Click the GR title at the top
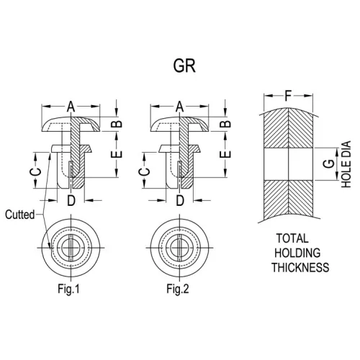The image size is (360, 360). [x=184, y=66]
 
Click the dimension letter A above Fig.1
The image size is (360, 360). [x=71, y=107]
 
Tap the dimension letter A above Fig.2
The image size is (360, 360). [x=179, y=107]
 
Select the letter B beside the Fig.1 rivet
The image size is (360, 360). [x=117, y=124]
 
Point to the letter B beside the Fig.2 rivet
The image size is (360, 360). [x=225, y=124]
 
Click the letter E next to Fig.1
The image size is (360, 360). [x=117, y=154]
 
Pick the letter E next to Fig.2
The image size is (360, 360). [x=225, y=154]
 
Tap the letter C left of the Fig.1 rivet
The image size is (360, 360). [x=35, y=171]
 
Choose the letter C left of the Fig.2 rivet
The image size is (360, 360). [x=144, y=171]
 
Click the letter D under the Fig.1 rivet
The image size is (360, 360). [x=71, y=201]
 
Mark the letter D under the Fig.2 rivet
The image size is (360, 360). [x=180, y=201]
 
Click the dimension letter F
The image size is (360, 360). [x=288, y=96]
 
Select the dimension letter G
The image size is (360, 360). [x=329, y=163]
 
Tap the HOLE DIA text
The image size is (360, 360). [x=346, y=164]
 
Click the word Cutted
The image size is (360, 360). [x=20, y=215]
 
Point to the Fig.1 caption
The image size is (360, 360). [x=68, y=289]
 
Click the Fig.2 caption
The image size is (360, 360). [x=178, y=289]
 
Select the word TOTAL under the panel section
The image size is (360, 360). [x=292, y=238]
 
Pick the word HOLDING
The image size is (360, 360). [x=297, y=253]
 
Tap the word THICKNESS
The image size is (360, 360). [x=300, y=267]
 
